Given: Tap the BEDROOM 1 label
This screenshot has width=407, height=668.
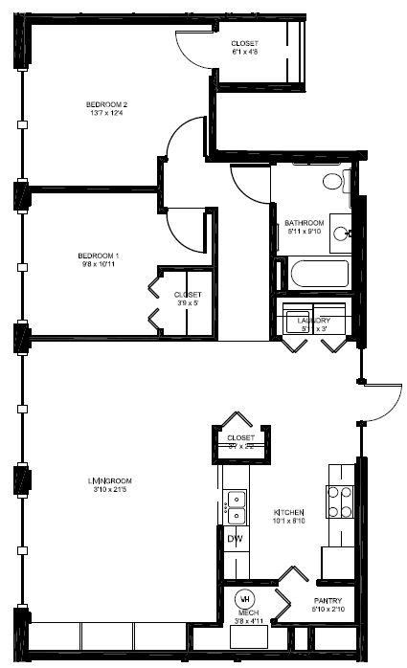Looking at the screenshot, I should coord(99,256).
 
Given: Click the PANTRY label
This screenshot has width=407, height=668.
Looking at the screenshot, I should coord(328,600).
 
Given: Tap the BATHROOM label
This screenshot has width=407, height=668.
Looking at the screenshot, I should coord(305,223).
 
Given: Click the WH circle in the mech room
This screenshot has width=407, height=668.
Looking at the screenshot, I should coord(244,595).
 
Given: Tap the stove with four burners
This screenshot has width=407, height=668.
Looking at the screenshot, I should coord(341,501).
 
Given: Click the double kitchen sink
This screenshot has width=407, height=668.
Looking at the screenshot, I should coord(236,506).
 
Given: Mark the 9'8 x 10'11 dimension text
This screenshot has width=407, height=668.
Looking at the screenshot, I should coord(99,265).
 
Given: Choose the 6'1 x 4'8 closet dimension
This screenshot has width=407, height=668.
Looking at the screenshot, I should coord(245,53).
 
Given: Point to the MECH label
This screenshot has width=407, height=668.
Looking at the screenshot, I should coord(248,612).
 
